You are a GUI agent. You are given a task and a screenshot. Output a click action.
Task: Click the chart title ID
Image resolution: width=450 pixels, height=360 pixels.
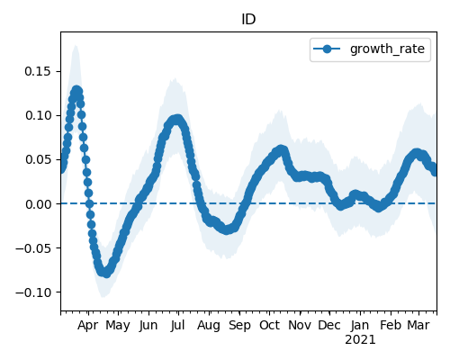pyautogui.click(x=248, y=20)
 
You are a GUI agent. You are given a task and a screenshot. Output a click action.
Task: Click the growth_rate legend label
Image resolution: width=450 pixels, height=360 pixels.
pyautogui.click(x=387, y=49)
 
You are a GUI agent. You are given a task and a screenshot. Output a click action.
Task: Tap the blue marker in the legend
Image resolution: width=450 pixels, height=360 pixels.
pyautogui.click(x=327, y=49)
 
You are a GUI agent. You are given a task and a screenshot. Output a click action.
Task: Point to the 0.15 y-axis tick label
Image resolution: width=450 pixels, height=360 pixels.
pyautogui.click(x=38, y=71)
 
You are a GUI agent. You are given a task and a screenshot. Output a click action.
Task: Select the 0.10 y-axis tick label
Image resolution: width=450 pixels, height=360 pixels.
pyautogui.click(x=38, y=115)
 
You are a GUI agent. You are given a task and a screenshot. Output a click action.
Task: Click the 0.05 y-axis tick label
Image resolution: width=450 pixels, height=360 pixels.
pyautogui.click(x=38, y=159)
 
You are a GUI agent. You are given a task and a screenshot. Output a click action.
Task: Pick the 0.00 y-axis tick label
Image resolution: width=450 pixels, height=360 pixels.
pyautogui.click(x=38, y=204)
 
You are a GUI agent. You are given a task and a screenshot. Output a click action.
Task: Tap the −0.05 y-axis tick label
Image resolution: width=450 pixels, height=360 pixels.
pyautogui.click(x=33, y=248)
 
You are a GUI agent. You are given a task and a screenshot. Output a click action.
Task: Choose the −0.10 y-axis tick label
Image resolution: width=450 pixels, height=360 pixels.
pyautogui.click(x=33, y=292)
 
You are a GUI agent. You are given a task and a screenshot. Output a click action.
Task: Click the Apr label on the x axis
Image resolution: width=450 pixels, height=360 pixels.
pyautogui.click(x=87, y=326)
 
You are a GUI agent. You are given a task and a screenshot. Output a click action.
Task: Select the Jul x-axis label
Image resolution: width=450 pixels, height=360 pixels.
pyautogui.click(x=177, y=326)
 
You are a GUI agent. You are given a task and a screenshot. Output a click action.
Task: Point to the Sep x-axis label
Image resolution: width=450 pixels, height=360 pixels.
pyautogui.click(x=239, y=326)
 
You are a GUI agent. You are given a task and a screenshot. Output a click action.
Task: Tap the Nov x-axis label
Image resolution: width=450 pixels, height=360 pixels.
pyautogui.click(x=300, y=326)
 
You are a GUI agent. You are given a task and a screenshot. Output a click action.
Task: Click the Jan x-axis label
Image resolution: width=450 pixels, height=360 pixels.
pyautogui.click(x=360, y=326)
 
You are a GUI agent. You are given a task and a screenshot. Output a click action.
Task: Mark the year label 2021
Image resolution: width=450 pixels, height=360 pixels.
pyautogui.click(x=360, y=340)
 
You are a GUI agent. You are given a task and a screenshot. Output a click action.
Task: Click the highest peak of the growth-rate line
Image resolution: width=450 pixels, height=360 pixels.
pyautogui.click(x=76, y=91)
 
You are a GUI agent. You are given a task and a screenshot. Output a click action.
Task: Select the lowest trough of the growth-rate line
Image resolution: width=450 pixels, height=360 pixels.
pyautogui.click(x=106, y=273)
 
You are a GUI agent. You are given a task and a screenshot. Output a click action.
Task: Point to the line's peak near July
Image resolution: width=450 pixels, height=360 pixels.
pyautogui.click(x=177, y=120)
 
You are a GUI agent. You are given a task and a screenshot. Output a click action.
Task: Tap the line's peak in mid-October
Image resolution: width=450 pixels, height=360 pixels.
pyautogui.click(x=281, y=149)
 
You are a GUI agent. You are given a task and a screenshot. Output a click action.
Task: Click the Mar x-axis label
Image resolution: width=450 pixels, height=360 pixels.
pyautogui.click(x=418, y=326)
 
